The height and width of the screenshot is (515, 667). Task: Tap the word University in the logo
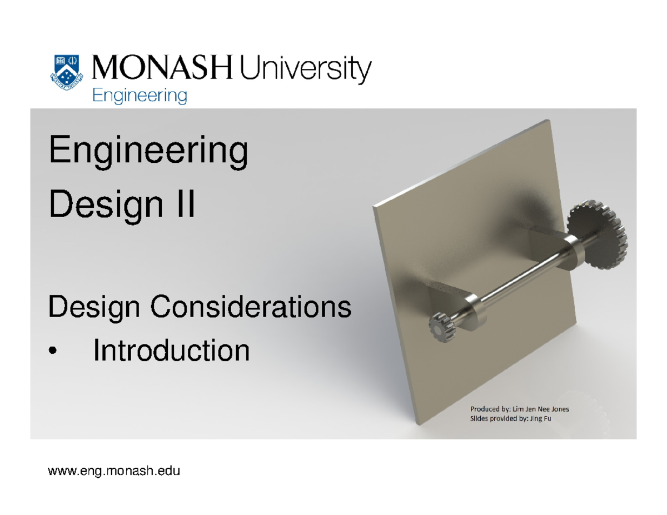tap(303, 72)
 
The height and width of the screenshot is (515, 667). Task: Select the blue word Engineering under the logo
tap(139, 96)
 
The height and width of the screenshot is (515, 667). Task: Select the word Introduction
tap(171, 351)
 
